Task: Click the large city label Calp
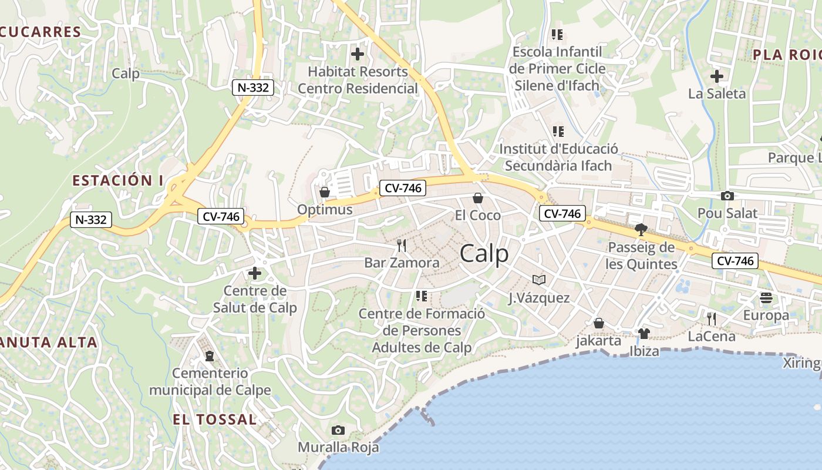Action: [484, 254]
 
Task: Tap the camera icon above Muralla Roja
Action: [338, 431]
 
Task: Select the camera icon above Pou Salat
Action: [727, 196]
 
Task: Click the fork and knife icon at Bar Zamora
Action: [402, 245]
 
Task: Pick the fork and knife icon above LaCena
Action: [712, 319]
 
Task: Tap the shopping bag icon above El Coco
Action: [478, 198]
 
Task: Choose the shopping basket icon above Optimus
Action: [324, 192]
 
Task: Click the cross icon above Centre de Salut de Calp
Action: [255, 273]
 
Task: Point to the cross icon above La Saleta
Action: [716, 76]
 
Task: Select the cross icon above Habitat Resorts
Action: [358, 54]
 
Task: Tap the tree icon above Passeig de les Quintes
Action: [641, 230]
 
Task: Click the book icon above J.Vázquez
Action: [539, 280]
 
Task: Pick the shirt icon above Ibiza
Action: [644, 334]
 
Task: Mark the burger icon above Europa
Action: [766, 298]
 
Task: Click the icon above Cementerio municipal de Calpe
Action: [210, 355]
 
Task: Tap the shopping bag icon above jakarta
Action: [599, 323]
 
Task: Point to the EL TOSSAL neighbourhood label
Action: [215, 419]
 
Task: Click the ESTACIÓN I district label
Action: [117, 180]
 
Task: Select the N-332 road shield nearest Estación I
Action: [91, 220]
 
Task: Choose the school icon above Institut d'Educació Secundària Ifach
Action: [558, 131]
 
